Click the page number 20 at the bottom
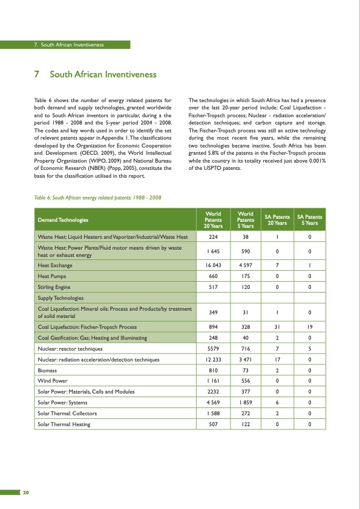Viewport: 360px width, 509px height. click(x=26, y=491)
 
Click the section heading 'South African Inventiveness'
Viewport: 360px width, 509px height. click(x=103, y=75)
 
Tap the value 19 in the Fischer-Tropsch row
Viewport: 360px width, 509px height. click(x=309, y=327)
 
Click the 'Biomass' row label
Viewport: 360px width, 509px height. click(x=48, y=371)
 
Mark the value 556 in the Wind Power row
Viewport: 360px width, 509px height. click(x=246, y=381)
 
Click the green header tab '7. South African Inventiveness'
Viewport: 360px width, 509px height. click(x=69, y=45)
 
